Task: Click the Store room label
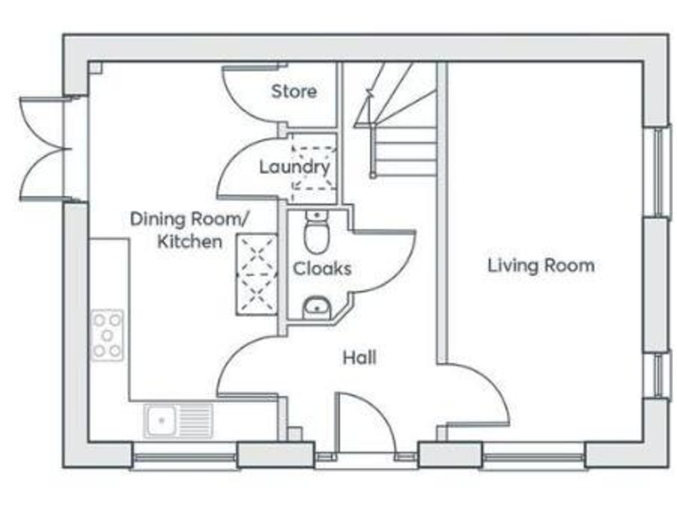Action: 294,91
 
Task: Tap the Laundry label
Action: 294,166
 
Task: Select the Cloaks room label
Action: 322,268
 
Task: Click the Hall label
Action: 360,357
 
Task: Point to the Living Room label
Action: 540,265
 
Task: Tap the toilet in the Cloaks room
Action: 316,234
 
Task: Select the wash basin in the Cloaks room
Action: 316,308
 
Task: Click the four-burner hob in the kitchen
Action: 108,334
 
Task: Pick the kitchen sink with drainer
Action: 179,421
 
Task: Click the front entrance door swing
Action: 364,423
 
